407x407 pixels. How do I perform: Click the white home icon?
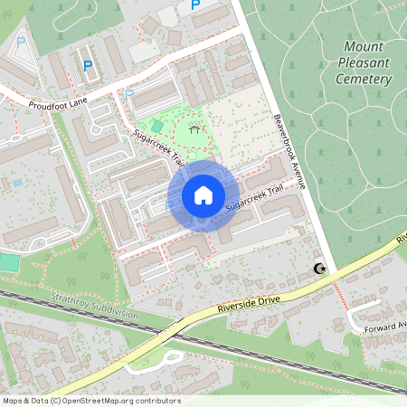203,194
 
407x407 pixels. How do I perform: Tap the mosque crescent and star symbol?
318,269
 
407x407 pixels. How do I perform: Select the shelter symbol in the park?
194,129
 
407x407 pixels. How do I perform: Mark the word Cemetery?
363,80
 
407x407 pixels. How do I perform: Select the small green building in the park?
158,126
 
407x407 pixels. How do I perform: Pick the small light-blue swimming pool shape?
17,183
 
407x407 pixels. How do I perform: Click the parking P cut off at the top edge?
194,5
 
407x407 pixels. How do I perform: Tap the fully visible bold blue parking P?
88,65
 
